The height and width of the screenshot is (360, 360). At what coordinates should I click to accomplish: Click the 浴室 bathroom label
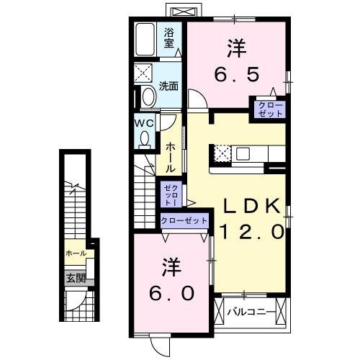(x=170, y=37)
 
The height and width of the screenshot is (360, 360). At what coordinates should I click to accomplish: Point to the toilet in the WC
(x=145, y=138)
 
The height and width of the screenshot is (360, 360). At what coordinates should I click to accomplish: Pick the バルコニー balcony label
(x=249, y=312)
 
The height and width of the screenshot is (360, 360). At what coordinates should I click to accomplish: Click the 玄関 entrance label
(x=76, y=278)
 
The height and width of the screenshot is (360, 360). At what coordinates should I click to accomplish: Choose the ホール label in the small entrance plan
(x=75, y=253)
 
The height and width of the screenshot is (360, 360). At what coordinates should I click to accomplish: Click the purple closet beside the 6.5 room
(x=268, y=109)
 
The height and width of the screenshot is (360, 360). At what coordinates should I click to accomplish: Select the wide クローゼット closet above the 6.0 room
(x=184, y=220)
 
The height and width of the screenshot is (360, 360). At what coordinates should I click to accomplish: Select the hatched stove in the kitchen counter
(x=222, y=153)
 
